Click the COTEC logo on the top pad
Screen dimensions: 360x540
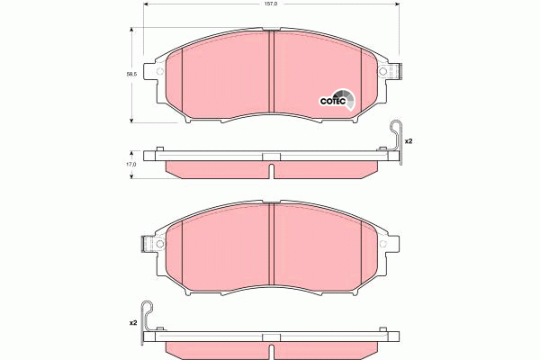pyautogui.click(x=338, y=100)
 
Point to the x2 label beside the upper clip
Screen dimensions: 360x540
pyautogui.click(x=408, y=141)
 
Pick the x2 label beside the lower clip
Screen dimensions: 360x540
pyautogui.click(x=132, y=321)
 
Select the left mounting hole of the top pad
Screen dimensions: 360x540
pyautogui.click(x=159, y=72)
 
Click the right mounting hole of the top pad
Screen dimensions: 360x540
pyautogui.click(x=382, y=72)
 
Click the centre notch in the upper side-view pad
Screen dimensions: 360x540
pyautogui.click(x=271, y=159)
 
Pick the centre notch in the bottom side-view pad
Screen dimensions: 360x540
pyautogui.click(x=271, y=338)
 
